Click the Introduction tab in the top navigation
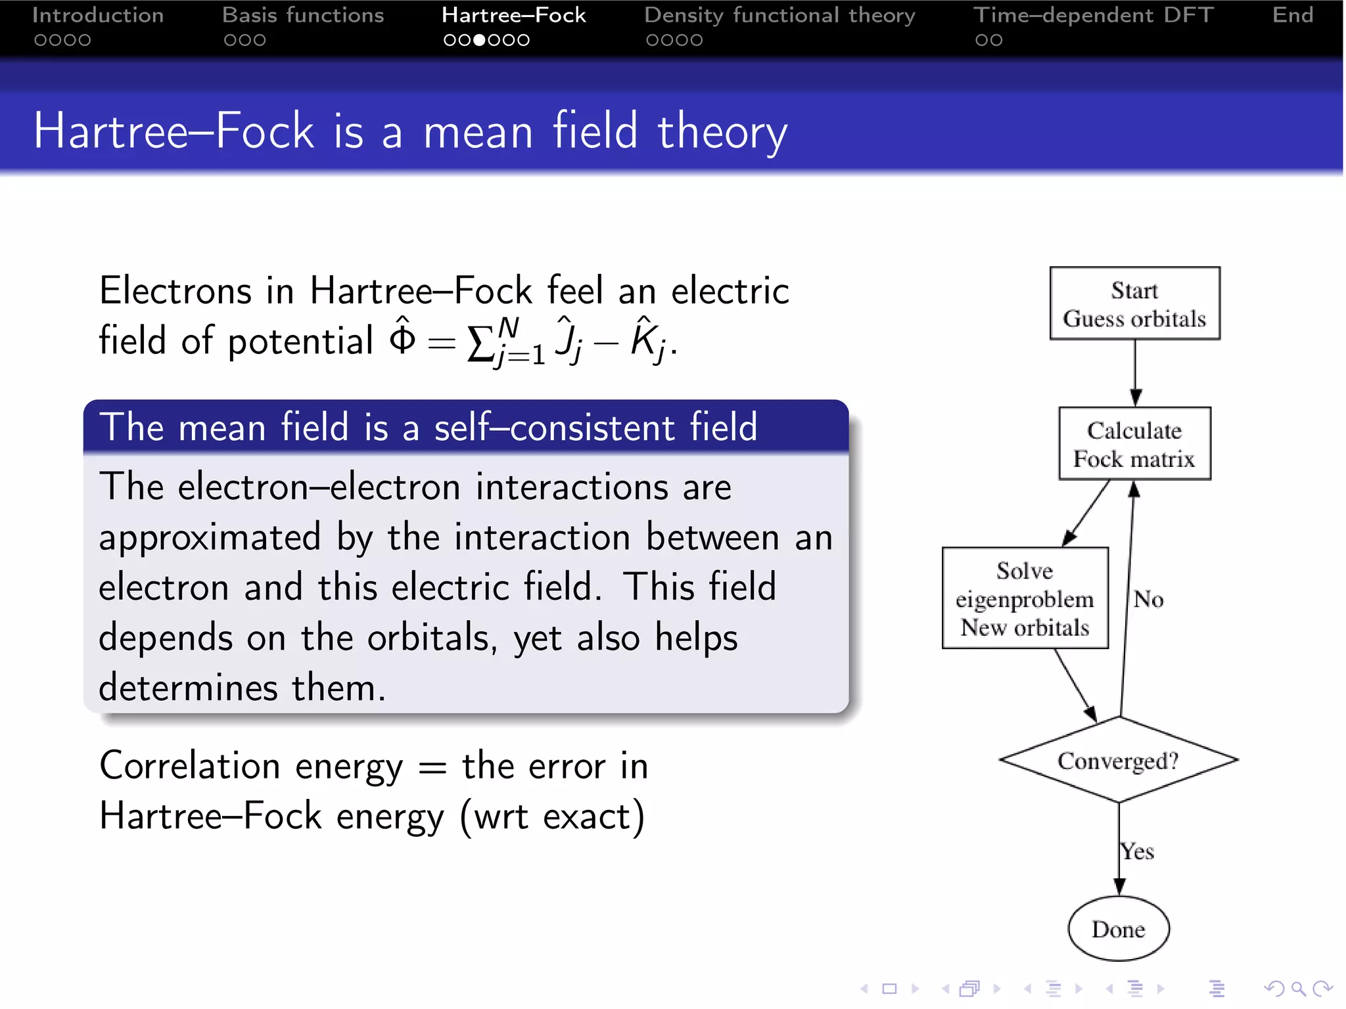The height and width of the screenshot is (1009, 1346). pos(98,15)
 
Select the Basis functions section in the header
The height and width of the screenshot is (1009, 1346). pos(303,15)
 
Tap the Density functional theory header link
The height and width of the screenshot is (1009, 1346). pos(779,15)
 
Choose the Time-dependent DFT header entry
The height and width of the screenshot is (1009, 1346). pos(1093,15)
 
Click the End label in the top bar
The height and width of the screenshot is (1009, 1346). pos(1292,15)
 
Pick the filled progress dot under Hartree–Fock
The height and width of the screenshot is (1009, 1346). pos(480,40)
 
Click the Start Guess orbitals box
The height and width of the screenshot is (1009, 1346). pos(1134,303)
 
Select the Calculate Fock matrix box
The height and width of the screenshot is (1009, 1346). pos(1134,444)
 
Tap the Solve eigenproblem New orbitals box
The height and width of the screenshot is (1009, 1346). pos(1025,598)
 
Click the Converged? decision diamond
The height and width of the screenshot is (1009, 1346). pos(1118,760)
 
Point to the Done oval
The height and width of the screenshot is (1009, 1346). pos(1119,929)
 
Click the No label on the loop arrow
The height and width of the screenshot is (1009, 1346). pos(1148,599)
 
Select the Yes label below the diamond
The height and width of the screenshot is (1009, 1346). pos(1138,851)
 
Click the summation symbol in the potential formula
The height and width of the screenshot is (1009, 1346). pos(480,344)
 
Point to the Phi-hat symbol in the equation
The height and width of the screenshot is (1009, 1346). pos(402,336)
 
